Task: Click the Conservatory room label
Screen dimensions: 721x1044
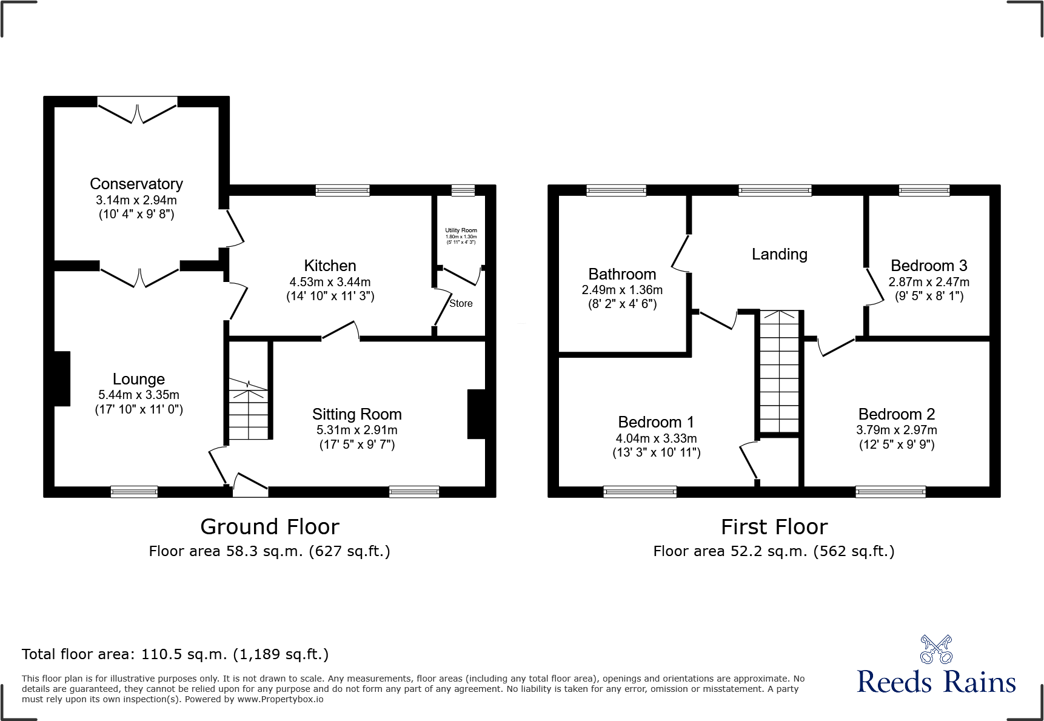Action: [x=136, y=184]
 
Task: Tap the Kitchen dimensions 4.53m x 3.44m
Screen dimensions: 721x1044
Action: [x=330, y=282]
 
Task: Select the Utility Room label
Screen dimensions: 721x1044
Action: [x=461, y=230]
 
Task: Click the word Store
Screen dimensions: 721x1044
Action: [x=461, y=303]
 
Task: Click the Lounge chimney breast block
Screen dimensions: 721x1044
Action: [x=62, y=378]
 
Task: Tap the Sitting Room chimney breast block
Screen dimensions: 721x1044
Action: [x=477, y=414]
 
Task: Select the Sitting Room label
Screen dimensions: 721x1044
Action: [x=356, y=414]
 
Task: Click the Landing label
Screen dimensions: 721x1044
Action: [x=779, y=254]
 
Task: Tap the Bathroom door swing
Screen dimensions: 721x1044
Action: [x=680, y=253]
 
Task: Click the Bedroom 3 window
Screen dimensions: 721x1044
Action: [x=924, y=190]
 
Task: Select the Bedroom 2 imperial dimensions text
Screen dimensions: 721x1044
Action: [x=896, y=444]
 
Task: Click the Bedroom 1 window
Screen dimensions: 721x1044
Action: [x=640, y=492]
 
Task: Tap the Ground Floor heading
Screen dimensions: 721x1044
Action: [x=270, y=526]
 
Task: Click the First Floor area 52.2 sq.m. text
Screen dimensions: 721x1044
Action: [x=774, y=551]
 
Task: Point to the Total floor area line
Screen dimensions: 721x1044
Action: [x=175, y=654]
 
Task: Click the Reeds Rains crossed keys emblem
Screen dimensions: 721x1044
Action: [x=935, y=649]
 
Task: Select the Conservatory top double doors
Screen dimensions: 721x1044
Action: [x=138, y=112]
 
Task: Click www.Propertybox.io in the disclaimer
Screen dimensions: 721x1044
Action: [x=279, y=699]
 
